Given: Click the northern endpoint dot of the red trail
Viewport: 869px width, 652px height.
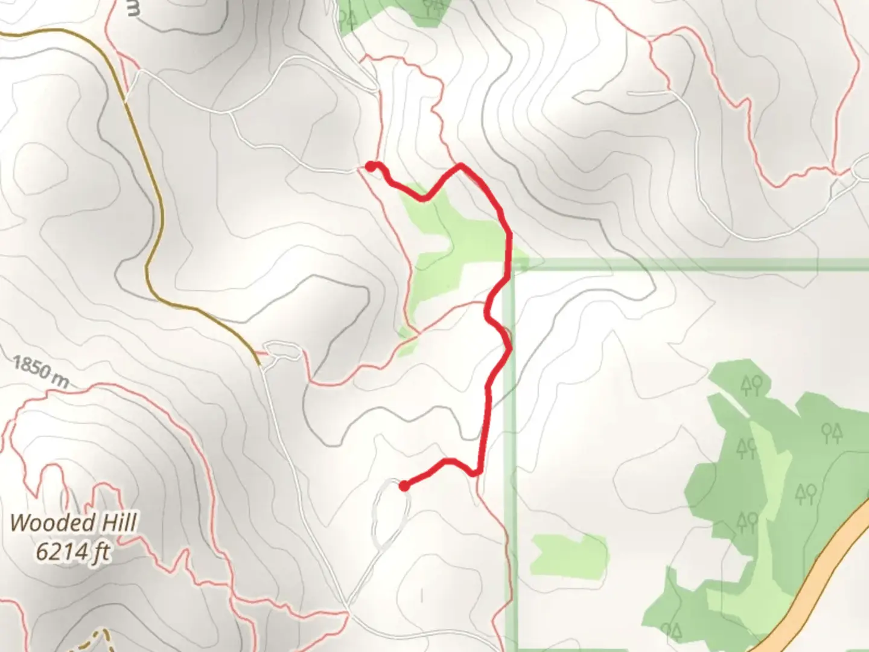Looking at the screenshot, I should point(370,166).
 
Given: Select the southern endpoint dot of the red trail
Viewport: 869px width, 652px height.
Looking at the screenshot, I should point(403,485).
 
